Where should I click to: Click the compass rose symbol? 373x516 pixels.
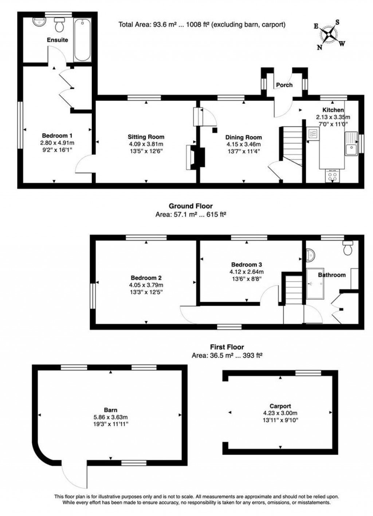(330, 35)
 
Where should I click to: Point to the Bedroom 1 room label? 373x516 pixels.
(57, 136)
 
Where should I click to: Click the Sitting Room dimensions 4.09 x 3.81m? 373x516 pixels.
(146, 144)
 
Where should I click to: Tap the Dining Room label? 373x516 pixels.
(243, 137)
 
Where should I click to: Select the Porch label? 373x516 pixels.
(284, 85)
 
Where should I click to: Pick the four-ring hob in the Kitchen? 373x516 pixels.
(332, 177)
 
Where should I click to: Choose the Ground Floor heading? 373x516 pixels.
(191, 206)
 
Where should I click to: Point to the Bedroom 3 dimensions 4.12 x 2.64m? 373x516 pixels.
(246, 272)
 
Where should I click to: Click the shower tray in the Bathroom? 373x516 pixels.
(315, 284)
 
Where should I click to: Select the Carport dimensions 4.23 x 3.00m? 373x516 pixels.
(280, 413)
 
